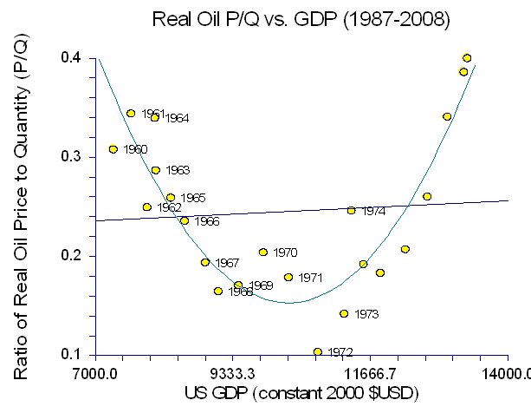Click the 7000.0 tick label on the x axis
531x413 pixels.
(x=95, y=375)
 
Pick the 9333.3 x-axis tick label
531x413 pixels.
(x=233, y=375)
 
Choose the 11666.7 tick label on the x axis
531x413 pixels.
(x=371, y=375)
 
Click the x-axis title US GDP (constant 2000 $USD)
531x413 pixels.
(x=301, y=395)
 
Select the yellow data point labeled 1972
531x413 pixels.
(x=318, y=351)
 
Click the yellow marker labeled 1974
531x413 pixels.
(x=351, y=210)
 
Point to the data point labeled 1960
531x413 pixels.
(x=113, y=149)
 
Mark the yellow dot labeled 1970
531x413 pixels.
(x=262, y=252)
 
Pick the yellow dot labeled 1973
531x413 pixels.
(x=344, y=313)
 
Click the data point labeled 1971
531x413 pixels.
(x=288, y=278)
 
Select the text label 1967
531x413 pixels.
(x=227, y=263)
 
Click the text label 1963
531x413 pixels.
(x=177, y=171)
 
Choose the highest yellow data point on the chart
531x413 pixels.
(x=467, y=58)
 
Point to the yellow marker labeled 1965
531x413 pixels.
(x=171, y=198)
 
